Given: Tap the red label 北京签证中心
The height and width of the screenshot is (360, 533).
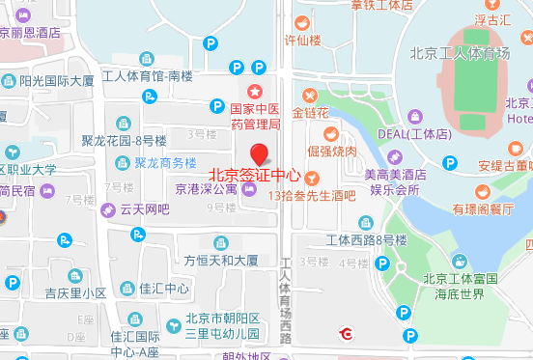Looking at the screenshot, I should click(x=256, y=177).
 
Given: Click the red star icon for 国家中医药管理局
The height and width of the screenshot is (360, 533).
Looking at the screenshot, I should click(x=257, y=66).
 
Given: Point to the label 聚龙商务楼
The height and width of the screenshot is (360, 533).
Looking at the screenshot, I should click(x=164, y=162).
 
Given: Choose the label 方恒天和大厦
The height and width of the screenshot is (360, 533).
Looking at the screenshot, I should click(x=221, y=260).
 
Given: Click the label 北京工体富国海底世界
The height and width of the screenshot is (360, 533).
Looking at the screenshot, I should click(x=459, y=287).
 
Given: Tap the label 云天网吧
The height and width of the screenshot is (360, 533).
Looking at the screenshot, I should click(x=145, y=208).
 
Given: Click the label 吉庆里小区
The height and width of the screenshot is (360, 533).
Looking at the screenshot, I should click(x=75, y=292).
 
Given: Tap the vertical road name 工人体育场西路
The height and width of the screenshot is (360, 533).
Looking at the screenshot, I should click(x=286, y=299).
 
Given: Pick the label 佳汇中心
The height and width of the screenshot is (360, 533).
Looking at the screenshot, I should click(x=164, y=288).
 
